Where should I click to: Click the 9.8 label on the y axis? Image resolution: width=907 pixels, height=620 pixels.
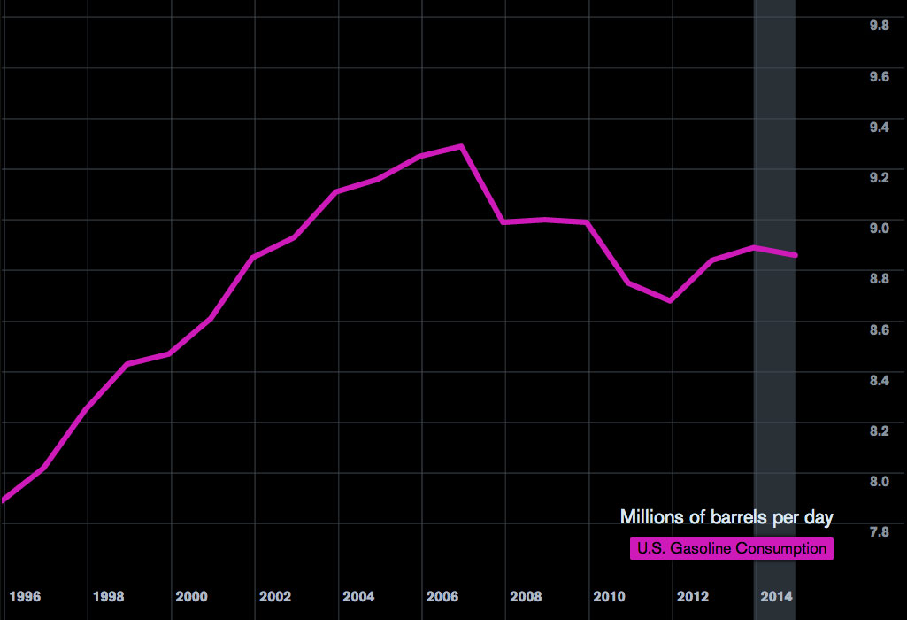pyautogui.click(x=879, y=26)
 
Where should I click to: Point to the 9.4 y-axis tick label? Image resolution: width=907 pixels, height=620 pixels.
pyautogui.click(x=879, y=128)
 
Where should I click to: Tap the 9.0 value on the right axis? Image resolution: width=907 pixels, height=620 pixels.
pyautogui.click(x=879, y=229)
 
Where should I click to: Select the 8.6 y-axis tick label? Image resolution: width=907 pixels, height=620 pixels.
pyautogui.click(x=879, y=330)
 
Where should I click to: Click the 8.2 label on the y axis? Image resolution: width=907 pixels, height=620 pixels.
pyautogui.click(x=879, y=431)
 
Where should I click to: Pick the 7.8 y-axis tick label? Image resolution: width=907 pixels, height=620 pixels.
pyautogui.click(x=879, y=532)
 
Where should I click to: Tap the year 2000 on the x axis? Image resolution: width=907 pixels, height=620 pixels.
pyautogui.click(x=191, y=596)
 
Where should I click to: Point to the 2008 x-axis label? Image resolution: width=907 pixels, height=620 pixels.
pyautogui.click(x=526, y=596)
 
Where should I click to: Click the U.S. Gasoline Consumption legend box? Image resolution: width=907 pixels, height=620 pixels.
pyautogui.click(x=732, y=549)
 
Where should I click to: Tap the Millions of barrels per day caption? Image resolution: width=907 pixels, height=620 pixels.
pyautogui.click(x=726, y=517)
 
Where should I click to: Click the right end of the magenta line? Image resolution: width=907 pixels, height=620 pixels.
pyautogui.click(x=796, y=255)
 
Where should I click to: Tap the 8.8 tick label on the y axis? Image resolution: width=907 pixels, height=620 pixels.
pyautogui.click(x=879, y=279)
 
